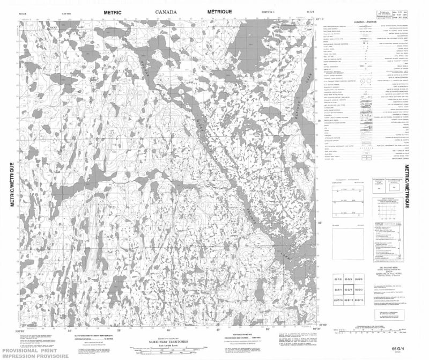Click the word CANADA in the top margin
tap(168, 11)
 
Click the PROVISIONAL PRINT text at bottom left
tap(21, 349)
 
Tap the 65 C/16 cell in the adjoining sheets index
tap(338, 299)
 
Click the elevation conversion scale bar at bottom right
tap(370, 331)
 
